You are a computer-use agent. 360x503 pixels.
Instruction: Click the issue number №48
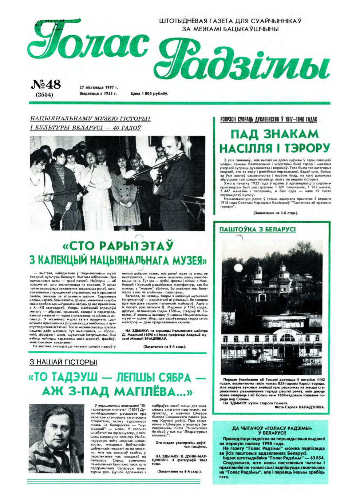(46, 85)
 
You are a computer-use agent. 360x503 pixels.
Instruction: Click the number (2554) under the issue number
(45, 95)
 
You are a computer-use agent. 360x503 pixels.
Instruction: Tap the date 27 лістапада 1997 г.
(99, 88)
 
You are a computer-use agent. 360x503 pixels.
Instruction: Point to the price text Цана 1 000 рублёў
(149, 93)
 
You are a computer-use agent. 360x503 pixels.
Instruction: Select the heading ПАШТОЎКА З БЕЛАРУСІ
(257, 229)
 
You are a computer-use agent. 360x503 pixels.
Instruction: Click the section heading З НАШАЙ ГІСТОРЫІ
(63, 362)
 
